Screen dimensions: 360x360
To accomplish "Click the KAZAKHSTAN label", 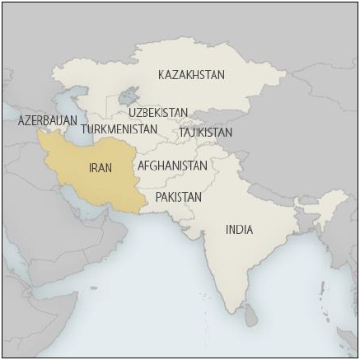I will (190, 75).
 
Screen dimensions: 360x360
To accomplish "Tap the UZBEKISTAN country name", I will (158, 112).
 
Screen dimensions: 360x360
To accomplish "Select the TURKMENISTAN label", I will (119, 129).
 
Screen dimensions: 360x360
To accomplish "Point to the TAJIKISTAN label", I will (205, 132).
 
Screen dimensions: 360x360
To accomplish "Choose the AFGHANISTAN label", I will (172, 166).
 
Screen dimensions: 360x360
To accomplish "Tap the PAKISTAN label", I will (178, 198).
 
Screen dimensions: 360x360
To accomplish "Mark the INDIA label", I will (240, 230).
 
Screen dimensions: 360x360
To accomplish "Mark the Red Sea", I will (12, 247).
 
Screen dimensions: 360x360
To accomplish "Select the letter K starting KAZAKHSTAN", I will (161, 75).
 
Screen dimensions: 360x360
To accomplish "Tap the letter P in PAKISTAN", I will (158, 198).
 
